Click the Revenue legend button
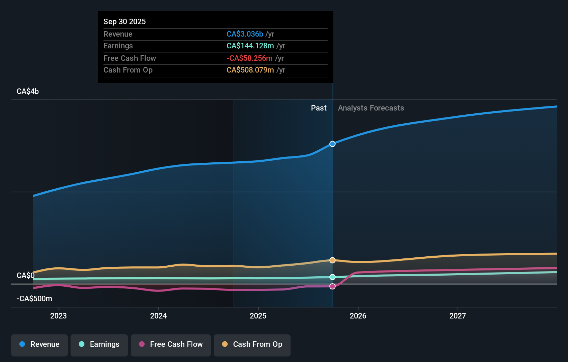pos(39,344)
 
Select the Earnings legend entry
pos(99,344)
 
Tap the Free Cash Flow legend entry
pos(171,344)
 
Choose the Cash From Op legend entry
pos(252,344)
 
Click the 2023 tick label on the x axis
pos(58,316)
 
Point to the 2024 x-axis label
pos(158,316)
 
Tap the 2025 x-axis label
pos(258,316)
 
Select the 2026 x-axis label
pos(358,316)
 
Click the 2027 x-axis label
pos(458,316)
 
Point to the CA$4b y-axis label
pos(28,92)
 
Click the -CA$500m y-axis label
pos(34,299)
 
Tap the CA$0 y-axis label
pos(26,276)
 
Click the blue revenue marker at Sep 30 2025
pos(332,144)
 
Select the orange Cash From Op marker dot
pos(332,260)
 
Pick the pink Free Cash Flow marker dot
pos(332,286)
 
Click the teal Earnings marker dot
pos(332,277)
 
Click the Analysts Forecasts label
pos(371,108)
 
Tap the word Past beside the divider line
pos(319,108)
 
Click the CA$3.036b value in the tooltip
pos(245,34)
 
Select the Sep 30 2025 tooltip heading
pos(125,22)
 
